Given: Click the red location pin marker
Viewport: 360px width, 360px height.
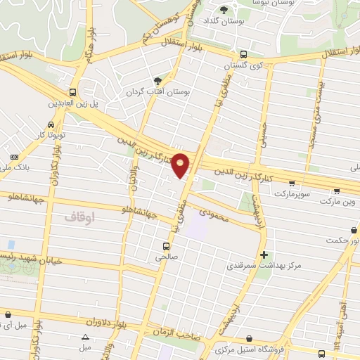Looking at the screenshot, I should pyautogui.click(x=181, y=165).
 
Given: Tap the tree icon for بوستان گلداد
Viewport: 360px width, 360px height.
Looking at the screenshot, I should pyautogui.click(x=224, y=10).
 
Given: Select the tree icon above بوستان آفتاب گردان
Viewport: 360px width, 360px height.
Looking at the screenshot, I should pyautogui.click(x=157, y=82).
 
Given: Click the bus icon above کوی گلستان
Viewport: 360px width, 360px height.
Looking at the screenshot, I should pyautogui.click(x=243, y=54).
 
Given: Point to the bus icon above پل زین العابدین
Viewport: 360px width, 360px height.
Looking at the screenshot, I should pyautogui.click(x=73, y=92).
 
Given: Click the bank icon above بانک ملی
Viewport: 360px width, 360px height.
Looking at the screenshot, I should pyautogui.click(x=15, y=156).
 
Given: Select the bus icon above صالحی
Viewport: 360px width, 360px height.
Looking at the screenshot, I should pyautogui.click(x=166, y=246).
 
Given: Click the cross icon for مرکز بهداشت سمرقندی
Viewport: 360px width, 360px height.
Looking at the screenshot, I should pyautogui.click(x=264, y=255).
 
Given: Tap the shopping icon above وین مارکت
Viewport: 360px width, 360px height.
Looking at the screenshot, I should pyautogui.click(x=337, y=191).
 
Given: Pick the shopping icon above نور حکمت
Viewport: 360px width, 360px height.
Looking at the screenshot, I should pyautogui.click(x=352, y=230).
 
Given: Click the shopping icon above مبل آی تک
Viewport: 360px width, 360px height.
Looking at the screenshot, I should pyautogui.click(x=8, y=314).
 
